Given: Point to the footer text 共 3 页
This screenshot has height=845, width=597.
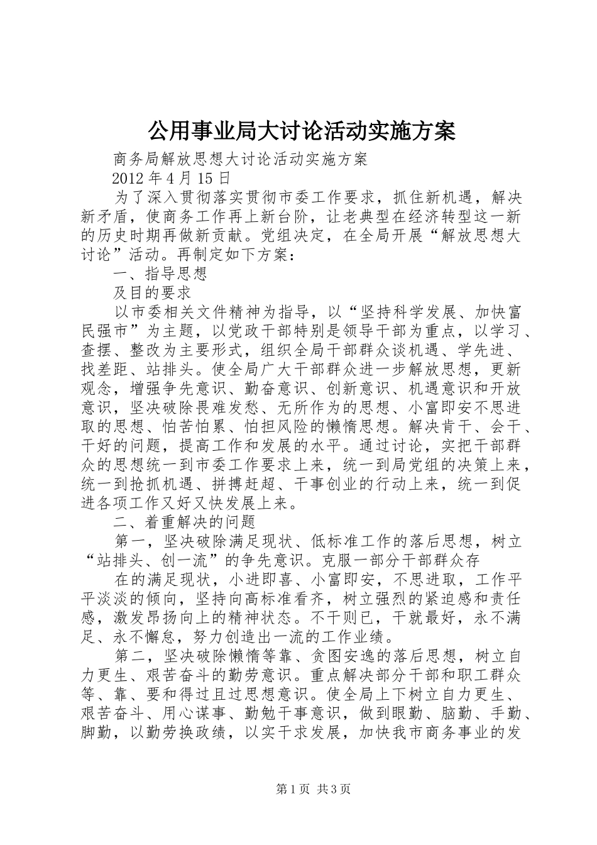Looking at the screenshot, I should (x=334, y=788).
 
